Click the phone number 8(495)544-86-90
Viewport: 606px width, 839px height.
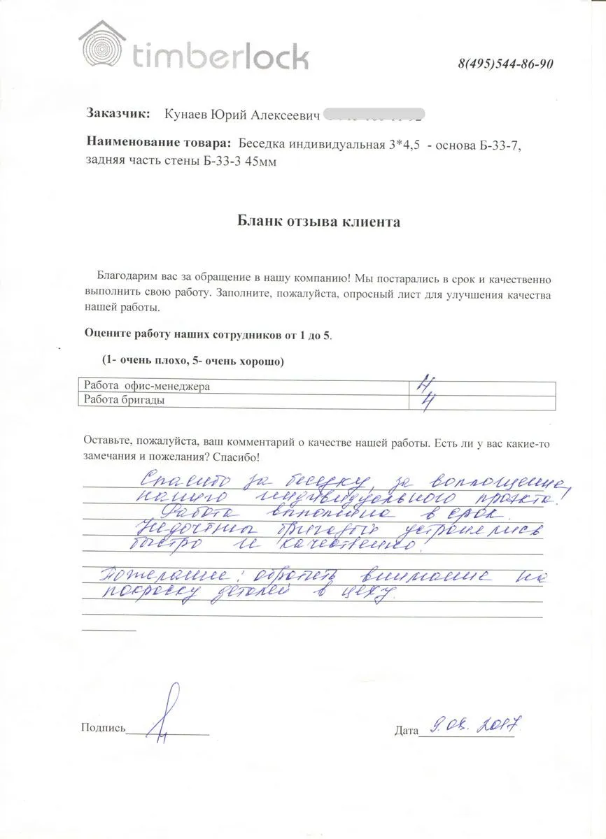click(506, 64)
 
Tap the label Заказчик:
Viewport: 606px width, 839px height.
click(118, 113)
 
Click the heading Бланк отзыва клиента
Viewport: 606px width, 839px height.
click(318, 222)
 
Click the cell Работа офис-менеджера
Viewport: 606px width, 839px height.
click(147, 386)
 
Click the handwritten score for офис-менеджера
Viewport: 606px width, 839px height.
click(422, 384)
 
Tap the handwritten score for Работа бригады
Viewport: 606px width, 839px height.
click(423, 401)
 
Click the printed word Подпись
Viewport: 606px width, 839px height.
click(103, 728)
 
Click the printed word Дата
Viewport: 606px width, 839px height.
click(406, 731)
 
